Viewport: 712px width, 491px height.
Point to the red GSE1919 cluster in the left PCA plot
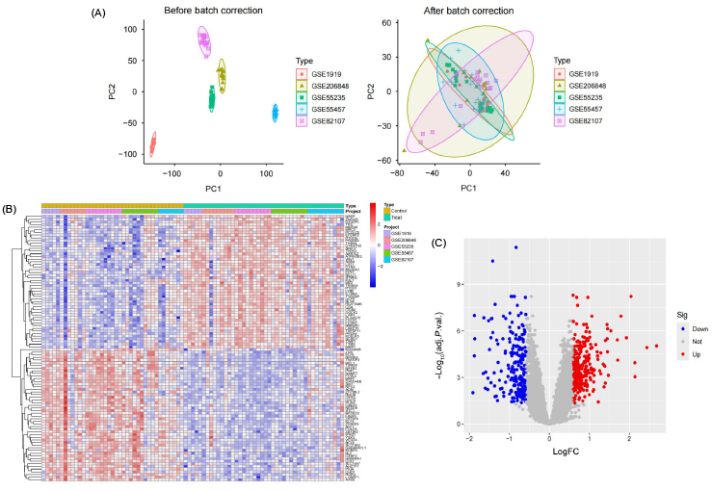pos(152,145)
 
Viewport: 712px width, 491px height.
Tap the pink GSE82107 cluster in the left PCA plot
pos(204,40)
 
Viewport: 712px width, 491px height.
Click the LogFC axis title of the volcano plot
pos(549,453)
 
